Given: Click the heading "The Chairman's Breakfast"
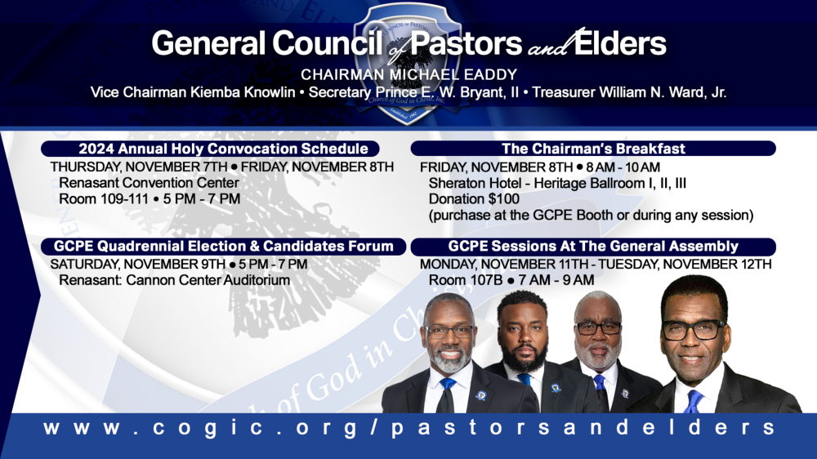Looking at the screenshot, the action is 593,149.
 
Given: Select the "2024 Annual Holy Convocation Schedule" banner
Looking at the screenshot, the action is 210,149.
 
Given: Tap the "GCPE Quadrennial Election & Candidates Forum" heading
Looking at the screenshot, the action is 224,246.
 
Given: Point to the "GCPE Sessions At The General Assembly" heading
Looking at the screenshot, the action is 593,246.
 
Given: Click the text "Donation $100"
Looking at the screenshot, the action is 474,199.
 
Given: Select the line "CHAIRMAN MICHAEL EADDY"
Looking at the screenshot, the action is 409,74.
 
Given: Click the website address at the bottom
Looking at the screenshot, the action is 409,428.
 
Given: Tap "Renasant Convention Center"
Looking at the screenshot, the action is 149,183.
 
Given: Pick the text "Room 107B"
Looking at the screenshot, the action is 466,280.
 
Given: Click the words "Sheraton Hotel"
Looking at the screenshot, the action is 475,184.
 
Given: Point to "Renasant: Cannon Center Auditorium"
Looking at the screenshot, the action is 175,280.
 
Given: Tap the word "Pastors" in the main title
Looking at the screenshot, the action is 466,43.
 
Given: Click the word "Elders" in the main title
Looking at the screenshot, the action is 619,43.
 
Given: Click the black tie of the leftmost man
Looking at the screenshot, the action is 445,396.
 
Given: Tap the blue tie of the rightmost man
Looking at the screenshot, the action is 694,401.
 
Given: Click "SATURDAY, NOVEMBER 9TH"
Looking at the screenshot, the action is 137,265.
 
